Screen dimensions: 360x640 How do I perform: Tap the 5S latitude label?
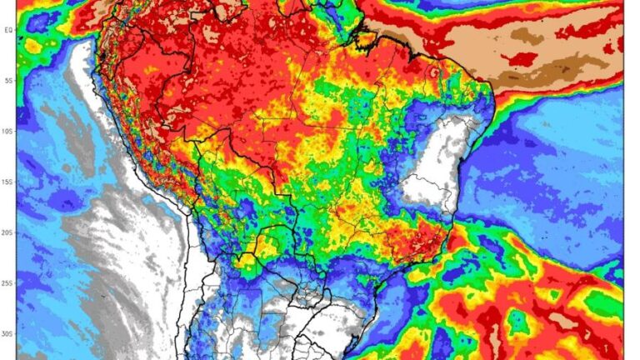(x=7, y=81)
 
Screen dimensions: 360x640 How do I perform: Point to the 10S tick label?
(x=7, y=132)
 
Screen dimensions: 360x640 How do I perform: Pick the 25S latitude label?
(x=7, y=284)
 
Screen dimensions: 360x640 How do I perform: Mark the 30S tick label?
(x=7, y=334)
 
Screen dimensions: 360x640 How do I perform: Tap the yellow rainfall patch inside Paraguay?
(x=268, y=245)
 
